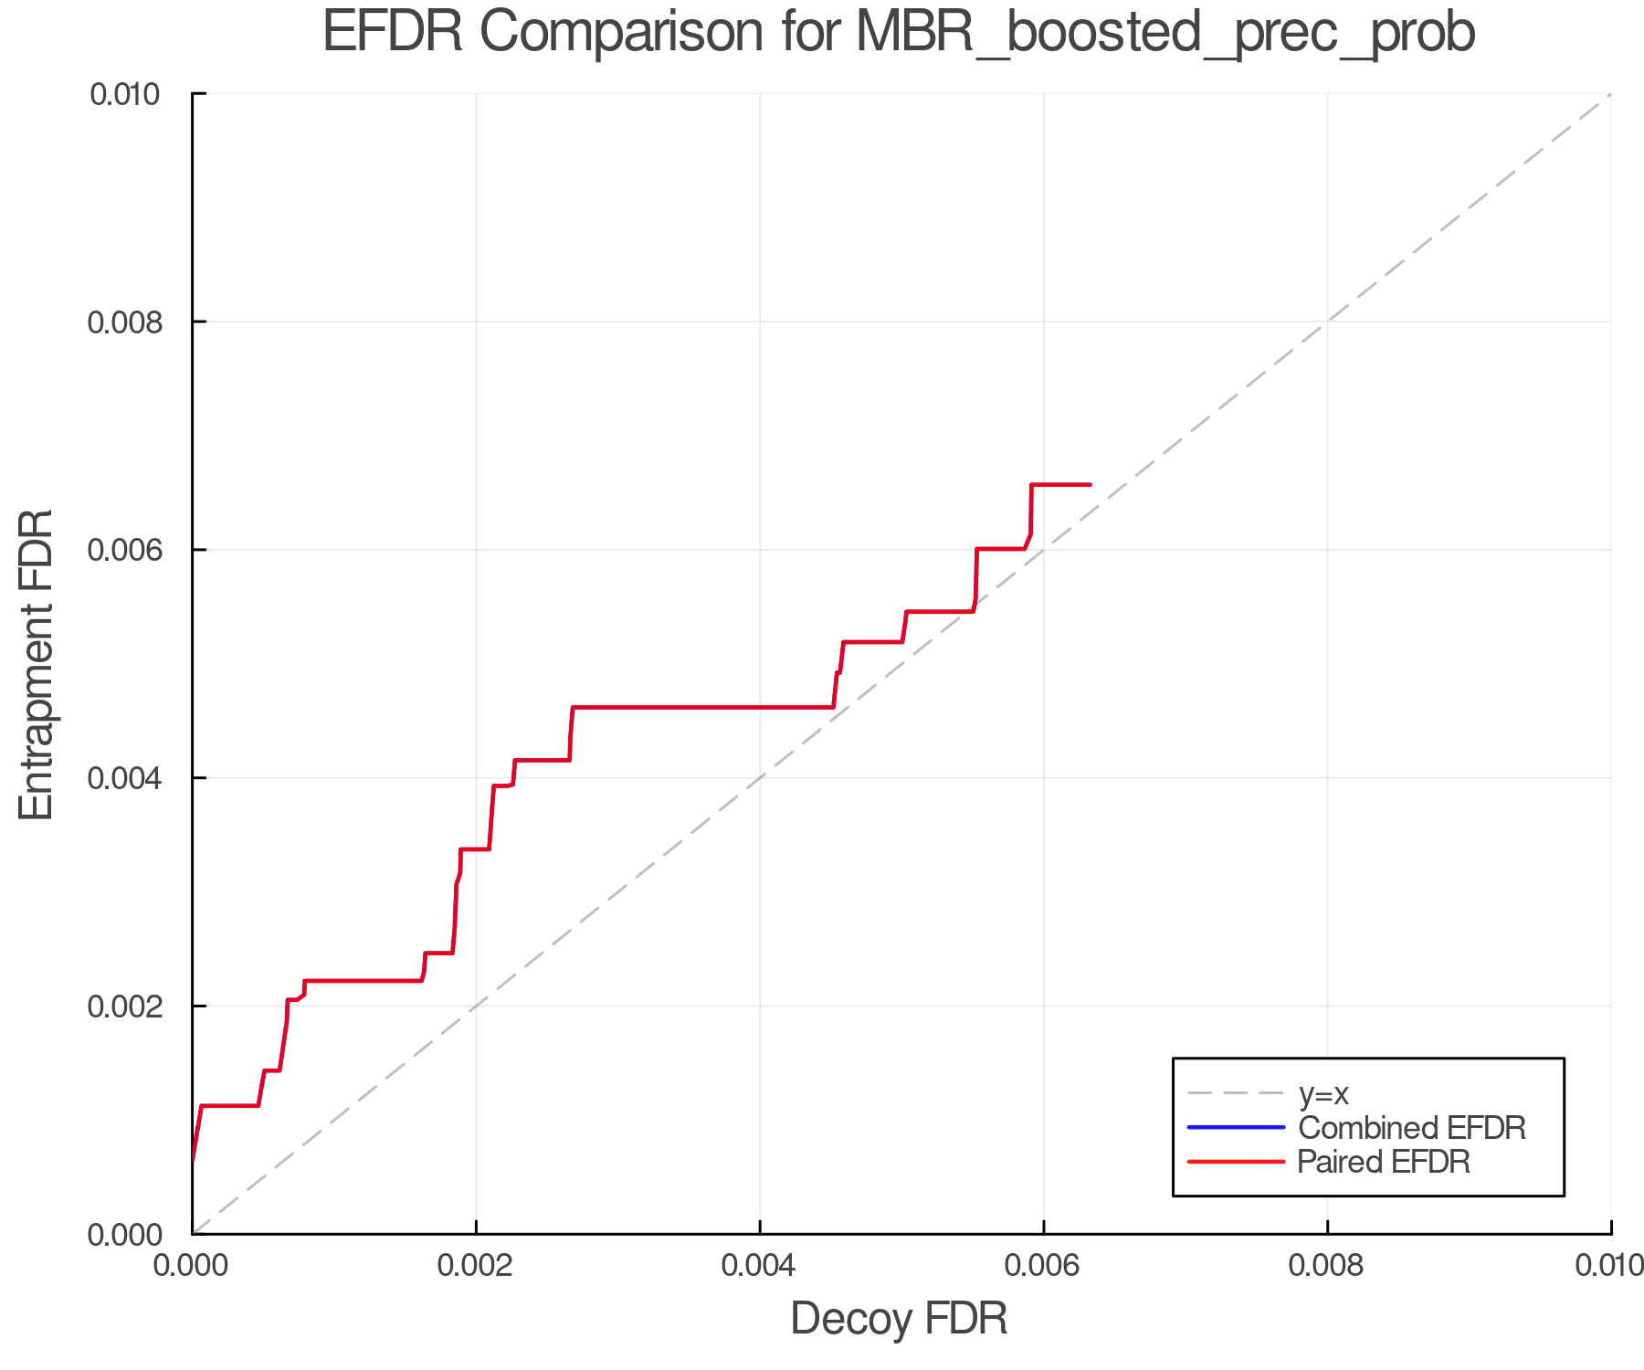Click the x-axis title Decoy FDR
[x=899, y=1319]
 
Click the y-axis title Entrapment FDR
[x=37, y=664]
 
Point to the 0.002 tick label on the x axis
[x=476, y=1265]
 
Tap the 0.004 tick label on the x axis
[x=760, y=1265]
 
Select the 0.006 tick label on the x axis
[x=1043, y=1265]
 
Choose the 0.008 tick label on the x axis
[x=1327, y=1265]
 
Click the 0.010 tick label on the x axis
[x=1609, y=1265]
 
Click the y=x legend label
[x=1323, y=1093]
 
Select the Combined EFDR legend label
[x=1411, y=1127]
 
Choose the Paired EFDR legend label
[x=1384, y=1162]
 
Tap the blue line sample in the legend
[x=1236, y=1127]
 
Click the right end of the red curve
[x=1090, y=484]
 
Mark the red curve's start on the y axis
[x=193, y=1161]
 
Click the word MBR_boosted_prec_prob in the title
[x=1165, y=33]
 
